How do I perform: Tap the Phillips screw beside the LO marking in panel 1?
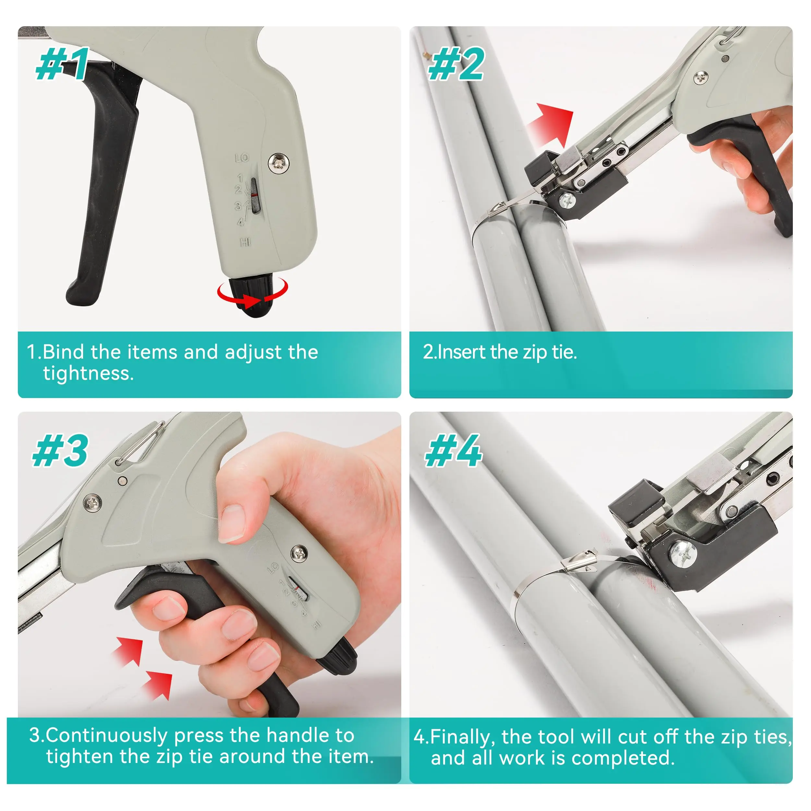coord(278,162)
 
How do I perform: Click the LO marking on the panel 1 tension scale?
coord(242,158)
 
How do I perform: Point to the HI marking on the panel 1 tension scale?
coord(245,242)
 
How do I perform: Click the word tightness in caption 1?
coord(88,373)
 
